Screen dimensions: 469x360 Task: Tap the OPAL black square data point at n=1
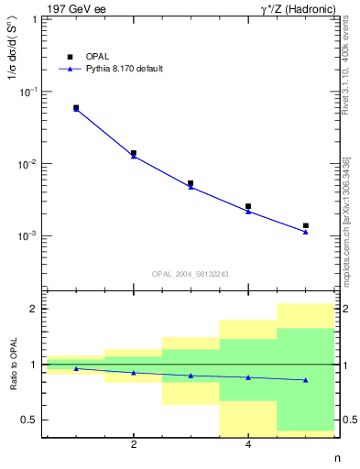pyautogui.click(x=76, y=108)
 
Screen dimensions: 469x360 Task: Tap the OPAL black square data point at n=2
pyautogui.click(x=134, y=153)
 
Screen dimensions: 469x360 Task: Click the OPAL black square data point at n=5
pyautogui.click(x=306, y=225)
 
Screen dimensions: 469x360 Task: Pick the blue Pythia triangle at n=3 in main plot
pyautogui.click(x=191, y=187)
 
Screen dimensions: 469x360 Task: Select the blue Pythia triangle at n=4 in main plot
pyautogui.click(x=248, y=212)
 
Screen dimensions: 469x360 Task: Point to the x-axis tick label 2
pyautogui.click(x=134, y=446)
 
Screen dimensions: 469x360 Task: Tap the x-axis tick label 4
pyautogui.click(x=248, y=446)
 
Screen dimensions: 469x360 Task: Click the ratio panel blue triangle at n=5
pyautogui.click(x=306, y=380)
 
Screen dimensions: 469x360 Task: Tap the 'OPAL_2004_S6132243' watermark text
pyautogui.click(x=191, y=274)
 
